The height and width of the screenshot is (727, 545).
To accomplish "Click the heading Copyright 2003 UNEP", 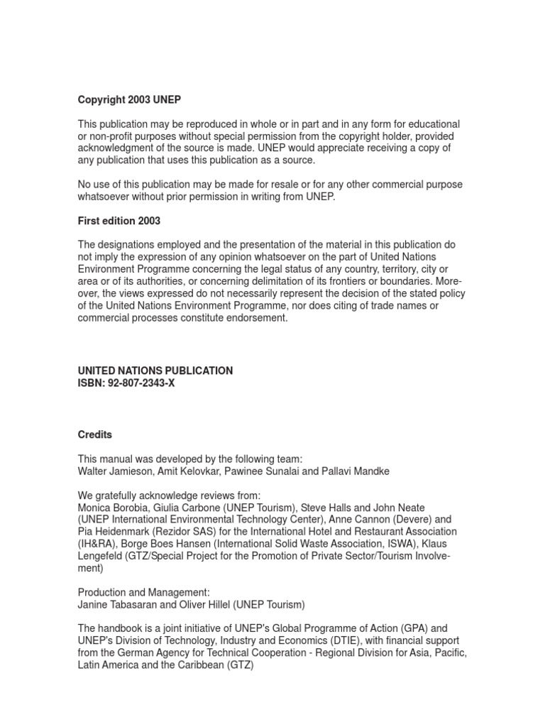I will pyautogui.click(x=134, y=100).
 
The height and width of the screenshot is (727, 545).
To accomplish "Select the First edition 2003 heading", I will pyautogui.click(x=119, y=221).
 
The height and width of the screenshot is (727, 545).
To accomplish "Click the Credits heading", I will pyautogui.click(x=95, y=434).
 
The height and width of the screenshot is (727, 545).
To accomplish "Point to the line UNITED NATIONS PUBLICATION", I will pyautogui.click(x=155, y=371).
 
